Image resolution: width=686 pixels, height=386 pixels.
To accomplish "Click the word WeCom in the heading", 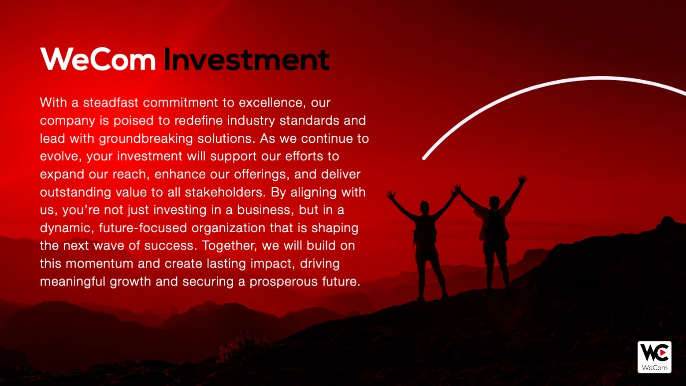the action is tap(98, 59).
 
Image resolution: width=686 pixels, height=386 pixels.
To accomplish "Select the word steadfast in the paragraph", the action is tap(111, 103).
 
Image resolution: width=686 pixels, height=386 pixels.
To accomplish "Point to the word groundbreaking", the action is tap(146, 139).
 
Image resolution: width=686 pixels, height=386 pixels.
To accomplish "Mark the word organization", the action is tap(229, 228).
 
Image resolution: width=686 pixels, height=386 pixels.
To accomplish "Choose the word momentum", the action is tap(100, 264).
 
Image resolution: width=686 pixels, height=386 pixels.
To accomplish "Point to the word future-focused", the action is tap(143, 228).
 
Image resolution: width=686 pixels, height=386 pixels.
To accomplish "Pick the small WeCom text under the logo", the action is tap(655, 367).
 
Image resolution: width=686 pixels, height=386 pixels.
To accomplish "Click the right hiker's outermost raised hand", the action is tap(522, 179).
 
